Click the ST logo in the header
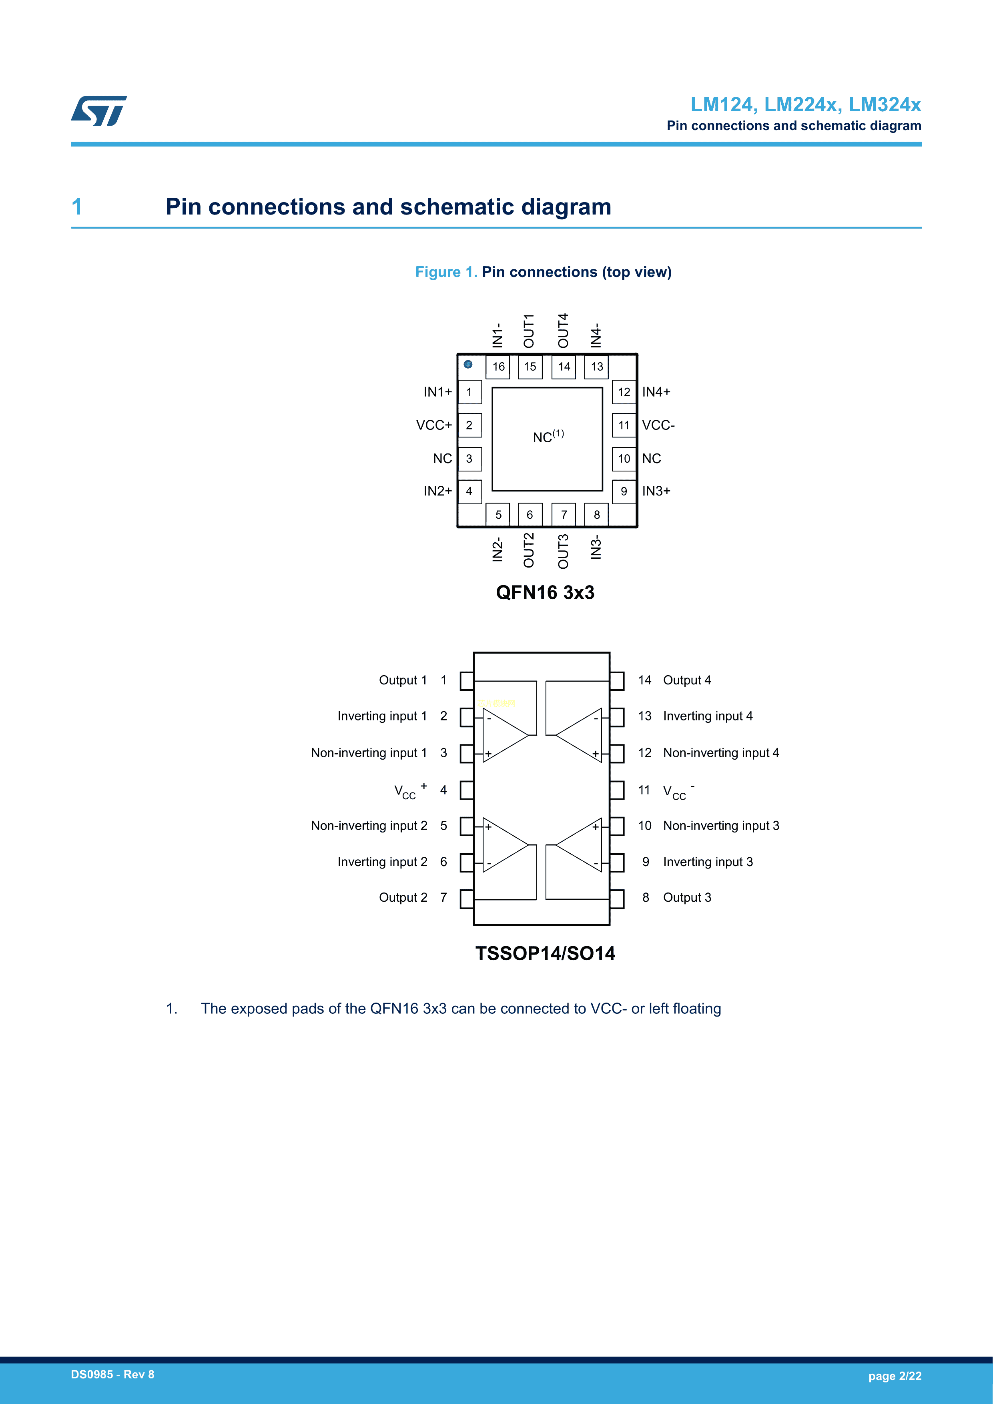98,111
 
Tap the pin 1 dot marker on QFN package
468,365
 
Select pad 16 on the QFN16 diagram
498,367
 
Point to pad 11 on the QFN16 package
624,425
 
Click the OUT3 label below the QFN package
563,551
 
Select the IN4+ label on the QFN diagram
656,392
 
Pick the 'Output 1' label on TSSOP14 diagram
402,680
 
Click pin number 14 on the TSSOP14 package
644,680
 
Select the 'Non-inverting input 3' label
721,826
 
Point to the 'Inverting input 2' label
382,862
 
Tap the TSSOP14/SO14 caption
545,953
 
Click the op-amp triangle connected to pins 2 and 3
504,736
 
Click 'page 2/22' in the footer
895,1376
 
